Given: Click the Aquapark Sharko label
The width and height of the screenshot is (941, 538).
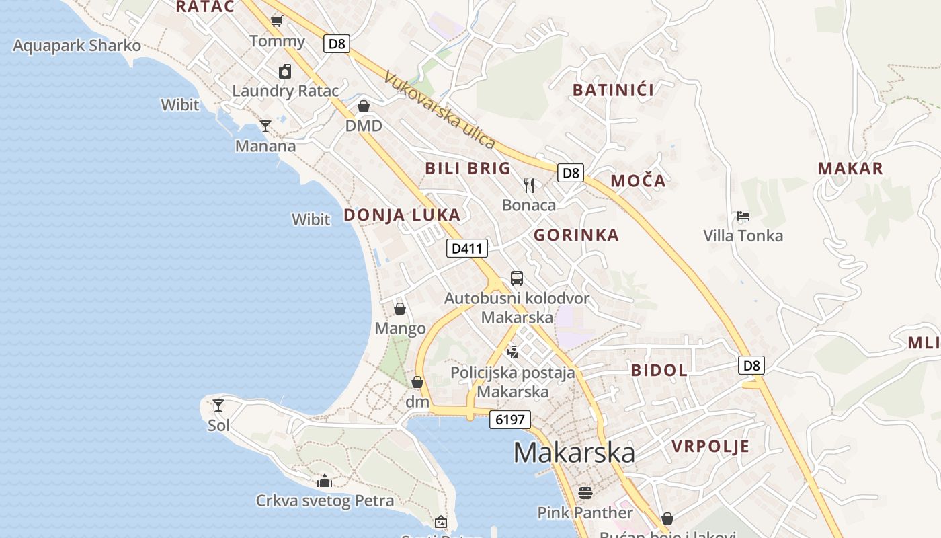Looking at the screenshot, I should point(77,46).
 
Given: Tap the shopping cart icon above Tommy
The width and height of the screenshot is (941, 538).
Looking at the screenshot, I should point(276,21).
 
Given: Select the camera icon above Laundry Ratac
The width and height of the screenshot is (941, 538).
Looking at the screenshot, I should point(285,71).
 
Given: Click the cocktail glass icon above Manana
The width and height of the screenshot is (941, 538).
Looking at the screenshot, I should point(265,126).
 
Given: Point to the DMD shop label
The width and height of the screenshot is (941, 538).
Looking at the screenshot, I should point(364,126).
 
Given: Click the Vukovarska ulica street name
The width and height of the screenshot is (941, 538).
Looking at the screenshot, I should point(440,110).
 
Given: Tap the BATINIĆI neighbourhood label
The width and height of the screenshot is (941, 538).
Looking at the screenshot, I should point(613,89).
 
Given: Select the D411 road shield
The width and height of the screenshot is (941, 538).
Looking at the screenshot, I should point(467,248).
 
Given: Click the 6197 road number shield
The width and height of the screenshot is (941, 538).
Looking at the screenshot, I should point(510,420).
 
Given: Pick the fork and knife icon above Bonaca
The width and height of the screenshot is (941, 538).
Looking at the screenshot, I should point(529,185).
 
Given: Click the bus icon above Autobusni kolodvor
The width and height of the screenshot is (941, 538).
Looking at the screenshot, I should point(516,278).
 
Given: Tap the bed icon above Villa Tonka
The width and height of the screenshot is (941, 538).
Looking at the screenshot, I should point(743,216).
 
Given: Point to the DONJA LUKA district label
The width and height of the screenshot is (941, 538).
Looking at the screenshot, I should point(402,215).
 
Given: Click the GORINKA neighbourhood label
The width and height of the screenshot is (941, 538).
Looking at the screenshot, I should point(576,235).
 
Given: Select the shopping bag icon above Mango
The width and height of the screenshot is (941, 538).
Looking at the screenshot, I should point(400,309).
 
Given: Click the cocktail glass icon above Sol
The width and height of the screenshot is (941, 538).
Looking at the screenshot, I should point(218,405).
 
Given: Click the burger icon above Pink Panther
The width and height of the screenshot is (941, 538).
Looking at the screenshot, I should point(585,493).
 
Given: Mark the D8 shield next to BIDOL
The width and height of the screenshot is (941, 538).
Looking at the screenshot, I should point(751,365).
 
